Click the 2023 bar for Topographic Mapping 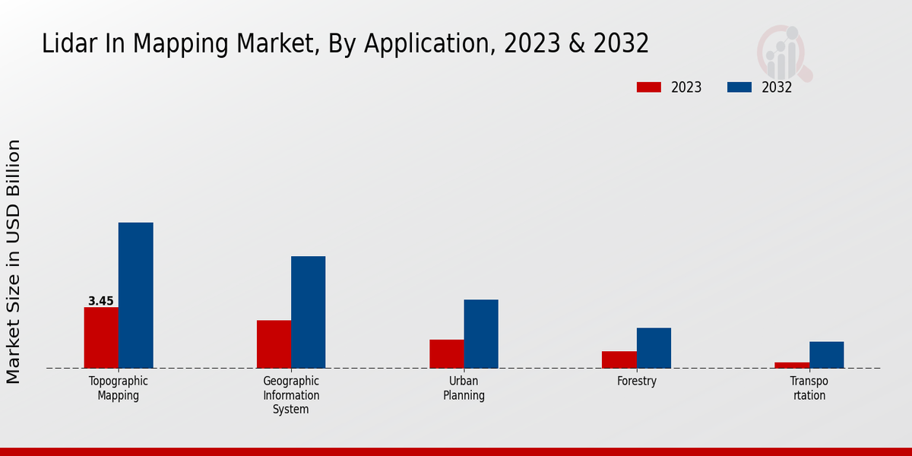pos(101,337)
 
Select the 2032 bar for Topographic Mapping pos(135,296)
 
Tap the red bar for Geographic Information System pos(274,344)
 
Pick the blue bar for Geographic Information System pos(308,312)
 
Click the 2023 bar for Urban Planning pos(446,354)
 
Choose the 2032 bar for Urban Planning pos(481,334)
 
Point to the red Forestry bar pos(619,359)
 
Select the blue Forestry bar pos(654,348)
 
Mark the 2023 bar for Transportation pos(792,366)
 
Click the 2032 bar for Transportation pos(826,355)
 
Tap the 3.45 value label pos(100,301)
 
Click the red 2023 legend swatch pos(648,87)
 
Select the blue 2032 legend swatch pos(739,87)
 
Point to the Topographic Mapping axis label pos(119,388)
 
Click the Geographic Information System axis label pos(291,395)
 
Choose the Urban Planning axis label pos(464,388)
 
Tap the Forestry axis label pos(637,382)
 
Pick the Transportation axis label pos(809,388)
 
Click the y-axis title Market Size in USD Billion pos(14,261)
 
